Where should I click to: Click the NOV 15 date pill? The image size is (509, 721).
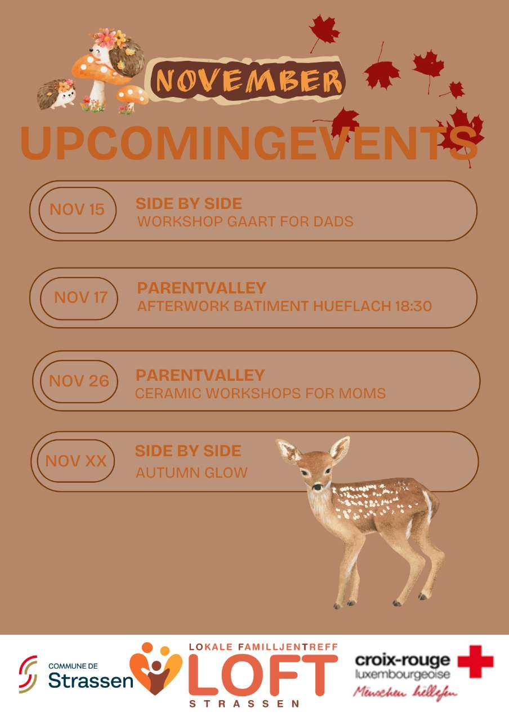(78, 210)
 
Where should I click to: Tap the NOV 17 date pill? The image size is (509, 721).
(79, 299)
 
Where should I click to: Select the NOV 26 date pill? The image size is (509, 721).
(79, 381)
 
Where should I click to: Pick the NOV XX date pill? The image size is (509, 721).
(76, 461)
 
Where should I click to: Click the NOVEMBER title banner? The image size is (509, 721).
(245, 81)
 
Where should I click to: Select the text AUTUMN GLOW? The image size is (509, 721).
(191, 473)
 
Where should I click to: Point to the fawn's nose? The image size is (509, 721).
(318, 487)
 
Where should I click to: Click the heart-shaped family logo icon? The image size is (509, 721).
(155, 669)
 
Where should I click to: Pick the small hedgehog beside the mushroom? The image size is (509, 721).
(57, 94)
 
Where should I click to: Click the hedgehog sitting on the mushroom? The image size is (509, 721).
(117, 53)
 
